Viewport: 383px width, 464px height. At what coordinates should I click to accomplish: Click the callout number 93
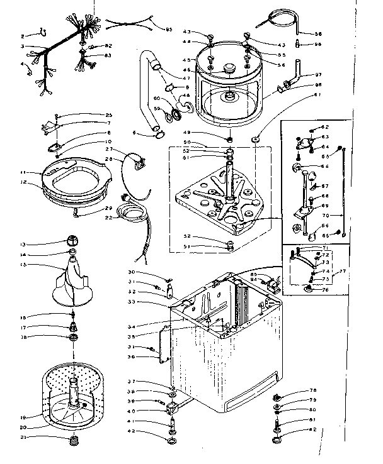[x=169, y=30]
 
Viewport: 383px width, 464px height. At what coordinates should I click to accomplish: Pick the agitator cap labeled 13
[x=71, y=241]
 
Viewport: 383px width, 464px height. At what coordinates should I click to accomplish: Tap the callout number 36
[x=131, y=356]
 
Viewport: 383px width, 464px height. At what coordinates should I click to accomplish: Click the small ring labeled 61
[x=257, y=137]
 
